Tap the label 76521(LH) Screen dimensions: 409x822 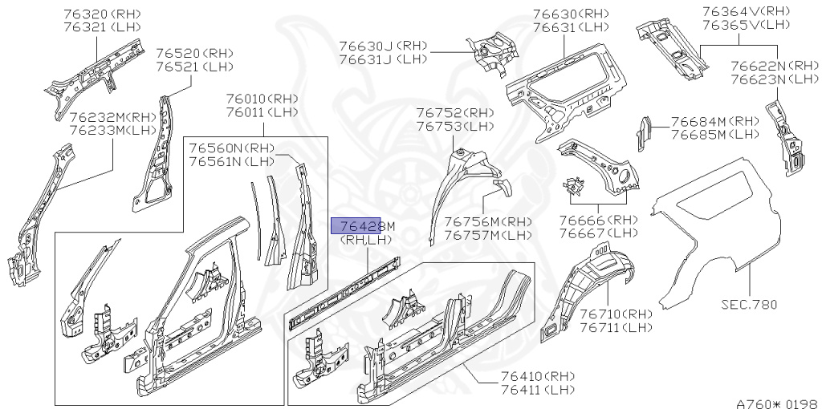[x=188, y=67]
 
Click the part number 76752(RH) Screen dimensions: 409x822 [x=455, y=112]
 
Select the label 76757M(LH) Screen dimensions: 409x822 [x=488, y=235]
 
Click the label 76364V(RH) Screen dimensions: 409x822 [x=746, y=11]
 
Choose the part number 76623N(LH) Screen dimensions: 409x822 [x=774, y=79]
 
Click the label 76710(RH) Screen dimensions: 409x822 [x=616, y=314]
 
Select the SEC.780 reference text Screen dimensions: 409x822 [x=748, y=304]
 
